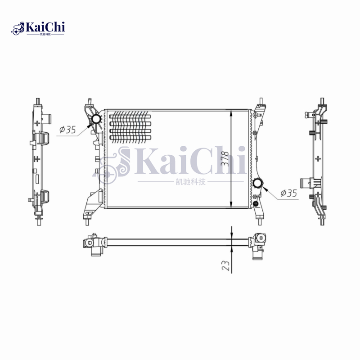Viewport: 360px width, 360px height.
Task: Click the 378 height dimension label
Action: [x=225, y=159]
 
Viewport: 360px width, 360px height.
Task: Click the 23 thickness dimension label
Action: [x=225, y=265]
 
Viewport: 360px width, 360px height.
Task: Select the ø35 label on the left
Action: [x=67, y=130]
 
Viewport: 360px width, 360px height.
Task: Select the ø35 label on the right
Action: [x=288, y=193]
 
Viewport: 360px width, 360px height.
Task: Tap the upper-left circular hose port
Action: [x=96, y=119]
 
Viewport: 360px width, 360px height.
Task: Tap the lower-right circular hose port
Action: [x=258, y=183]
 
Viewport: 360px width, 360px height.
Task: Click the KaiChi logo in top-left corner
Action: [x=38, y=28]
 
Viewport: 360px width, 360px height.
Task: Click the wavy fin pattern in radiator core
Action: [x=130, y=127]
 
